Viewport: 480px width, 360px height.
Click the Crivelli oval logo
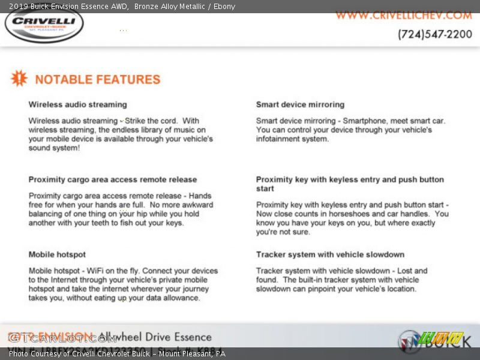coord(44,25)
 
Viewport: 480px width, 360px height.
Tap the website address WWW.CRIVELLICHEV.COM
coord(404,15)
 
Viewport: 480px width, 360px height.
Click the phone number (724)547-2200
coord(434,34)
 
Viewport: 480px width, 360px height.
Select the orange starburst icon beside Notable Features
coord(19,79)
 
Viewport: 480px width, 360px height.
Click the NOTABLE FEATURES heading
coord(97,79)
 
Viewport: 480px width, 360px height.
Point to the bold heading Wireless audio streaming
coord(77,104)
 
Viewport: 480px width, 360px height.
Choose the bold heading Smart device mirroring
coord(300,104)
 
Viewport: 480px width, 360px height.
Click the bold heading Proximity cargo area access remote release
coord(112,179)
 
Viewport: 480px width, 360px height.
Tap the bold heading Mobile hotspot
coord(57,254)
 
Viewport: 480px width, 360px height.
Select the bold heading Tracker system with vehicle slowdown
coord(330,254)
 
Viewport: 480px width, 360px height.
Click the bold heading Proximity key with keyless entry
coord(350,179)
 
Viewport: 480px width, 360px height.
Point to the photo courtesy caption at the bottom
coord(117,354)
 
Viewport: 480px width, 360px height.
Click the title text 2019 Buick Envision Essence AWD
coord(68,7)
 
